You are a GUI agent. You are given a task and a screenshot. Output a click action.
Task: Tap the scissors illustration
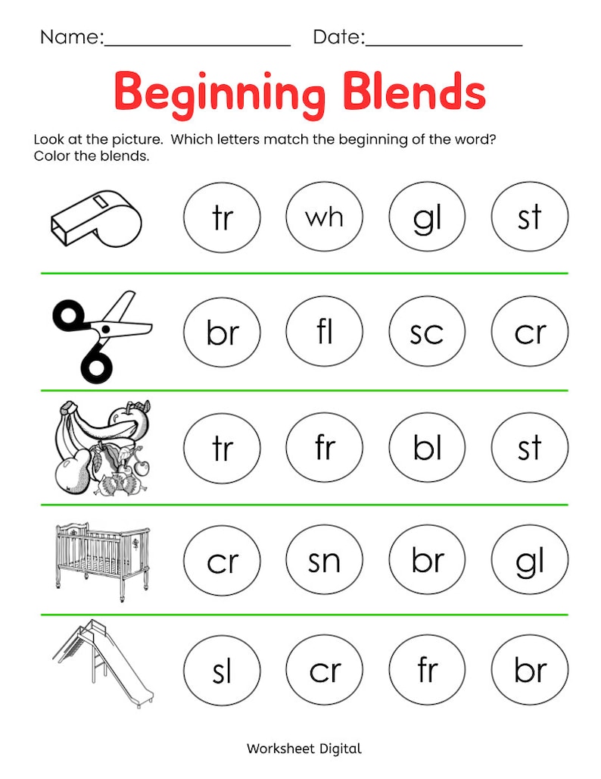[101, 333]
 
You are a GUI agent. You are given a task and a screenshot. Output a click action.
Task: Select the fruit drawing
[101, 448]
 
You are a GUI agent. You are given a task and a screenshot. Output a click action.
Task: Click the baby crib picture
[101, 561]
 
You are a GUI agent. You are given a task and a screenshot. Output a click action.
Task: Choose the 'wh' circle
[324, 218]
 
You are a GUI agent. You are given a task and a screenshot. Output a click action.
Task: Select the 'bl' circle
[427, 448]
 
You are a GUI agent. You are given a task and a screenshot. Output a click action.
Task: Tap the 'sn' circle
[324, 562]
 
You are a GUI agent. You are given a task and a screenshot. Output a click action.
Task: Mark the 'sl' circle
[222, 671]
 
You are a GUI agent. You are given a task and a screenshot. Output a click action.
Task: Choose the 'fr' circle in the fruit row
[324, 448]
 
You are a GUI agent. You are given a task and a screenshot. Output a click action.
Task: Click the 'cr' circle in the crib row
[222, 562]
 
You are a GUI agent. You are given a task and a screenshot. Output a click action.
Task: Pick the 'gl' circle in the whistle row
[427, 218]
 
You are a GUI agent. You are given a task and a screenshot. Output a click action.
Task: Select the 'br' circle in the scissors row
[222, 333]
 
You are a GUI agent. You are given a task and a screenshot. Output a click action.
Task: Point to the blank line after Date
[444, 42]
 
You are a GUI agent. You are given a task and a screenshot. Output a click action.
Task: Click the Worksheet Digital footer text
[304, 749]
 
